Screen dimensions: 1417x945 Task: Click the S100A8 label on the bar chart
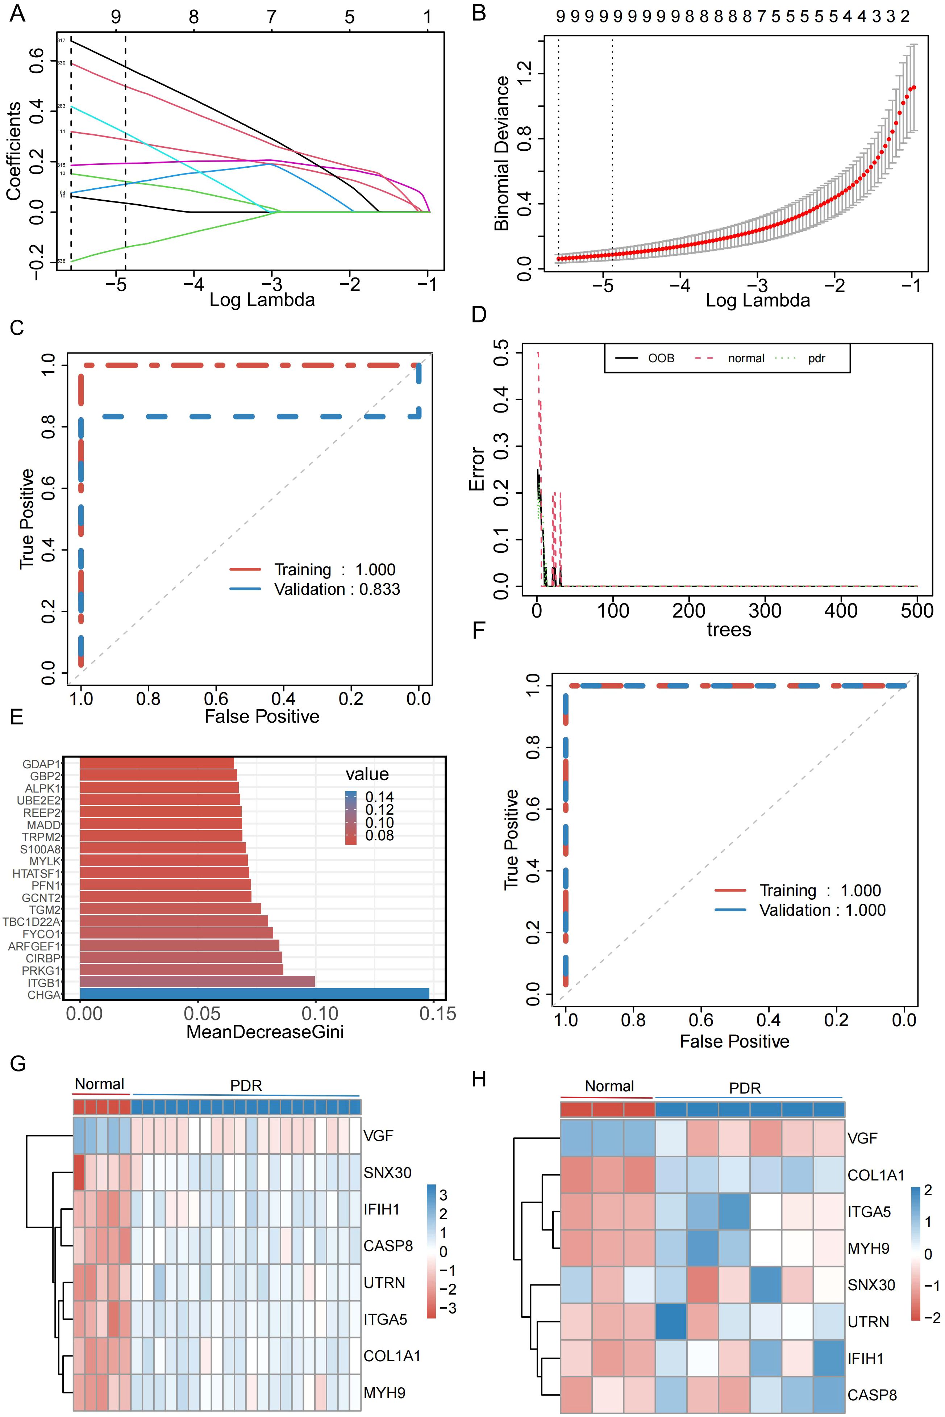click(x=40, y=849)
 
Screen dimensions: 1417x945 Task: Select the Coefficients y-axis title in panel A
click(x=14, y=151)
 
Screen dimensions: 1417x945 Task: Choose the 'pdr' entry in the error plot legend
click(x=817, y=359)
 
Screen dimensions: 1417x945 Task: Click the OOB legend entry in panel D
click(x=661, y=359)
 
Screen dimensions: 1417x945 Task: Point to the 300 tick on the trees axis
click(x=765, y=610)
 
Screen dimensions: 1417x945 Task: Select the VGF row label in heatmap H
click(x=862, y=1138)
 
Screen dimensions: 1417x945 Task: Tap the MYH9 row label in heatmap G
click(x=384, y=1393)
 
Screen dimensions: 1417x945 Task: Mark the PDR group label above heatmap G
click(x=246, y=1086)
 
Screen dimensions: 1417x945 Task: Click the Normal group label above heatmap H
click(x=609, y=1086)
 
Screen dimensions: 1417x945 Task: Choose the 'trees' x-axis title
click(x=729, y=630)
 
